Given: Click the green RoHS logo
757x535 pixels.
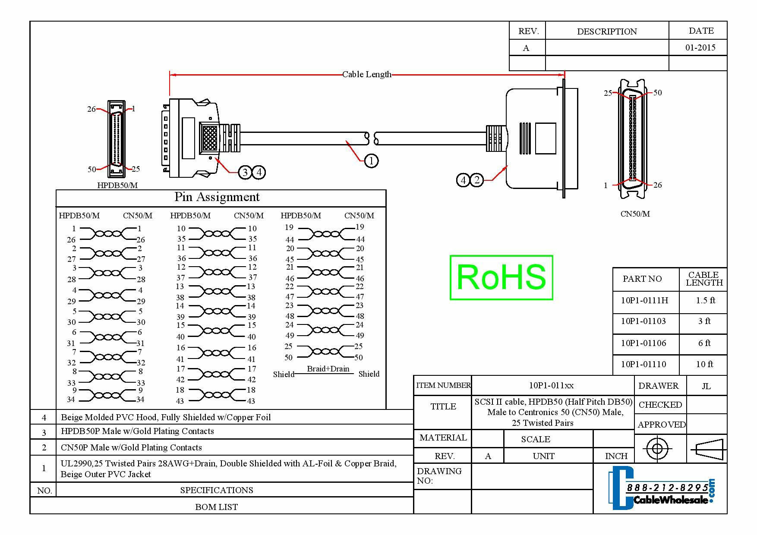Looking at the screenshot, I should click(x=501, y=277).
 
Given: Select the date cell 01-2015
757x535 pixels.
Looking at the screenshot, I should click(x=700, y=47).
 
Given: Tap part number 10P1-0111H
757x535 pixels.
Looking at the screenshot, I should click(x=644, y=300).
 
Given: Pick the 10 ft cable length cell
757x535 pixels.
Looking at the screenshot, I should click(x=704, y=364).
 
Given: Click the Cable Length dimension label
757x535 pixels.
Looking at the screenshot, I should click(x=366, y=74).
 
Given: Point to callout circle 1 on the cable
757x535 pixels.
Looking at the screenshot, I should click(x=371, y=161).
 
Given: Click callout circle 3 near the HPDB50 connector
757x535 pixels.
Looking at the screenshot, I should click(x=245, y=173).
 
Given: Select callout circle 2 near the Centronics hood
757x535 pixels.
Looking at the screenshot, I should click(x=476, y=179).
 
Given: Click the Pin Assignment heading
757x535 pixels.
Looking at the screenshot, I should click(x=217, y=197).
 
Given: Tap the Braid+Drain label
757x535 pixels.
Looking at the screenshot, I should click(x=328, y=369).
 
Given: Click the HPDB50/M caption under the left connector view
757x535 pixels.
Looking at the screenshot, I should click(x=117, y=185).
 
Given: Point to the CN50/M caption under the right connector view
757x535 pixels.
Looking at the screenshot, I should click(x=635, y=214).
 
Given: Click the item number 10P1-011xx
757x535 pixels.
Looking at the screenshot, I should click(x=551, y=385).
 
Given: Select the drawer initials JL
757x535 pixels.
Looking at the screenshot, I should click(x=706, y=386).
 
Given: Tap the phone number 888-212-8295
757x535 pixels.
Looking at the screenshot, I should click(x=667, y=488).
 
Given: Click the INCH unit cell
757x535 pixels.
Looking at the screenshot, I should click(x=616, y=456).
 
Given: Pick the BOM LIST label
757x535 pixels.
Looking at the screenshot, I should click(x=216, y=507).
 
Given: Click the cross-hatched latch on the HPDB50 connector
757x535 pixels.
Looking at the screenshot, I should click(x=210, y=138).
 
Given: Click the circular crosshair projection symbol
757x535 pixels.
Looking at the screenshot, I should click(x=657, y=449).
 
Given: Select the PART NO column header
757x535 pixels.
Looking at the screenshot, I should click(x=642, y=279).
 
